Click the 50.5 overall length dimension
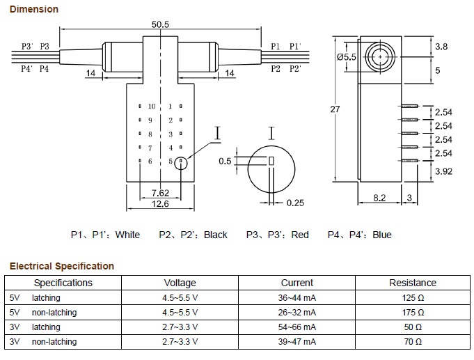[x=161, y=24]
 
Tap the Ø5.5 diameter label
[x=346, y=58]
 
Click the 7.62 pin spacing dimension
[x=160, y=193]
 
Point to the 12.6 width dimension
[x=160, y=203]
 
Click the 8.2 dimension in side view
[x=379, y=198]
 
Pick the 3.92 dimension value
[x=443, y=170]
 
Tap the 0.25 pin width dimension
[x=296, y=203]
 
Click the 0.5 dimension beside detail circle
[x=225, y=161]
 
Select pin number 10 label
[x=152, y=107]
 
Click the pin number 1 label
[x=170, y=107]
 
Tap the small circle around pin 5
[x=182, y=162]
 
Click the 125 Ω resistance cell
[x=413, y=298]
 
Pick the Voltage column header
[x=180, y=283]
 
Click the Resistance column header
[x=413, y=283]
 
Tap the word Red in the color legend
[x=300, y=235]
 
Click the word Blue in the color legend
[x=382, y=235]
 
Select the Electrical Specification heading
[x=61, y=266]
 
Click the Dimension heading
[x=33, y=9]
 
